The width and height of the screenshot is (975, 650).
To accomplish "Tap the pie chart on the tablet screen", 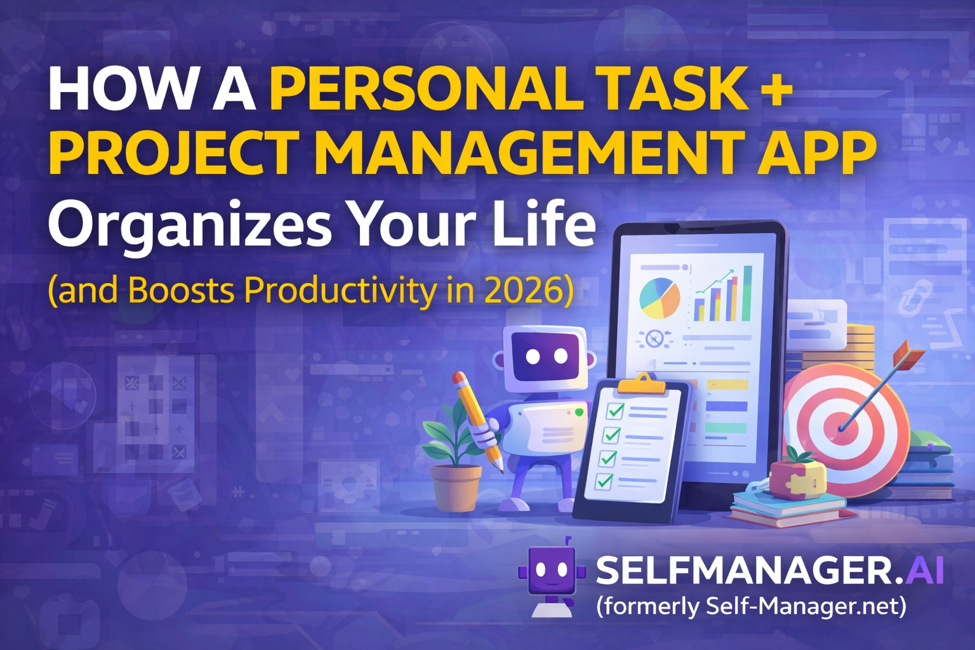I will pyautogui.click(x=660, y=298).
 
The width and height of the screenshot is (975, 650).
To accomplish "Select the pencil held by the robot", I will pyautogui.click(x=477, y=419).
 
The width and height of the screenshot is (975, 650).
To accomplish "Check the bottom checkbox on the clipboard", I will pyautogui.click(x=604, y=481).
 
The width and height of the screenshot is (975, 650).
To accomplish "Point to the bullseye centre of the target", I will pyautogui.click(x=842, y=427).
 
